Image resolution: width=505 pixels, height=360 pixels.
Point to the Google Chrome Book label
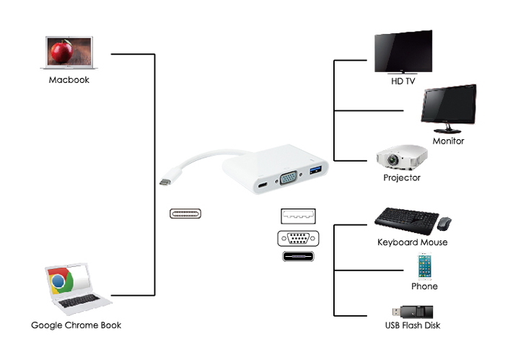76,325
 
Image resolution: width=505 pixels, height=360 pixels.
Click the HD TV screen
403,52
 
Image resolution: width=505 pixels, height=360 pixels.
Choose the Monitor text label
448,141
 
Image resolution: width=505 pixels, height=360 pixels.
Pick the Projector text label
402,177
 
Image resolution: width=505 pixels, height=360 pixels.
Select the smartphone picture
423,266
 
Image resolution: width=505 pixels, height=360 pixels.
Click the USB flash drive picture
412,312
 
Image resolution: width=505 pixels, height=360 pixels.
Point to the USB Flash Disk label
413,325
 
